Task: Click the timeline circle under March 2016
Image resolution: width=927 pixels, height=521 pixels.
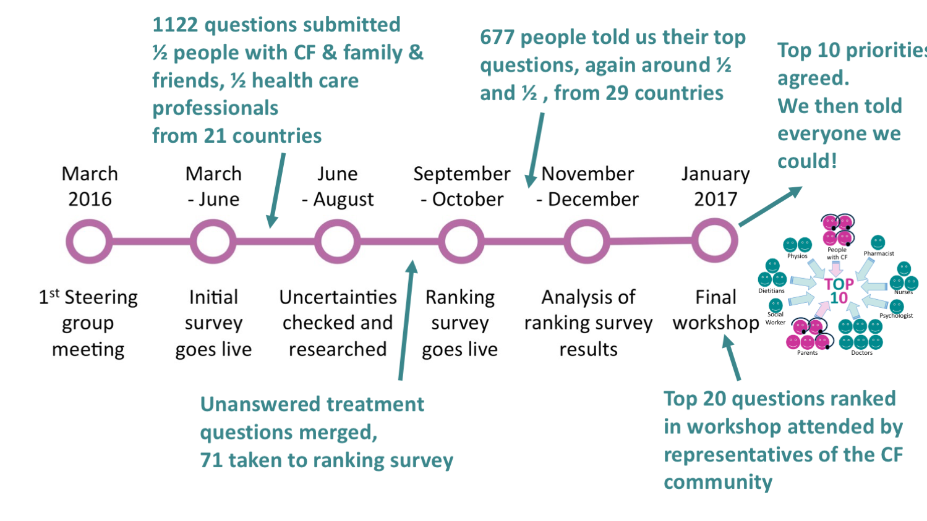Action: click(x=90, y=241)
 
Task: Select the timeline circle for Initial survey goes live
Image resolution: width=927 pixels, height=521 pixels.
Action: click(x=213, y=241)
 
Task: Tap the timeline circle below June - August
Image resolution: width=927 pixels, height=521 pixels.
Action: click(x=338, y=241)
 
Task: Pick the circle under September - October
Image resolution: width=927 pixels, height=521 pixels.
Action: click(x=461, y=241)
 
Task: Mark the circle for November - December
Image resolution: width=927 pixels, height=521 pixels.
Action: click(x=587, y=241)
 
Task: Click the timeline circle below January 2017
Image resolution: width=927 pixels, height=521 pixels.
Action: click(x=715, y=240)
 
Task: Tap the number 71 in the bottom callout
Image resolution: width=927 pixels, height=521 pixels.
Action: click(x=211, y=460)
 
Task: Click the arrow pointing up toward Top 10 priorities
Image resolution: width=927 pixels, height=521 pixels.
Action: click(x=770, y=206)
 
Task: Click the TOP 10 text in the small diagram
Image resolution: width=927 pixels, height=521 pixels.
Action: click(x=839, y=291)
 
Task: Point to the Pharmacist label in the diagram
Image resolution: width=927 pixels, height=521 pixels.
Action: click(x=879, y=253)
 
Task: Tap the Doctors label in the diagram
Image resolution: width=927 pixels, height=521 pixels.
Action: click(x=861, y=353)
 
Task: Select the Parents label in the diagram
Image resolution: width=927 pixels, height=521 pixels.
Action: click(x=807, y=353)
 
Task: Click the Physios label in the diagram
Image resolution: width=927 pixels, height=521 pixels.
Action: click(x=797, y=256)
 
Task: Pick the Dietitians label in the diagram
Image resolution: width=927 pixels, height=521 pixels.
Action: click(x=771, y=290)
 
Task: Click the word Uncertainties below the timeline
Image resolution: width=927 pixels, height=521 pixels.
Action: click(x=338, y=297)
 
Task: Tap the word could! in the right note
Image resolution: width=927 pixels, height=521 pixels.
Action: click(x=807, y=161)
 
